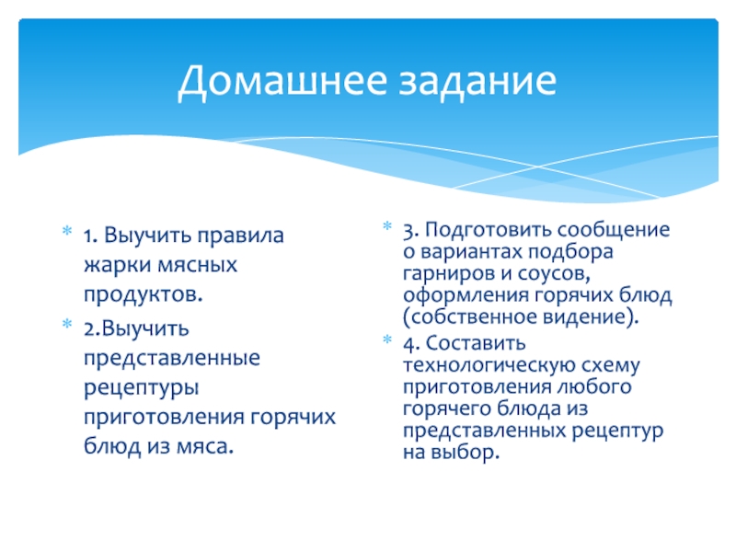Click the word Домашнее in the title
coord(282,81)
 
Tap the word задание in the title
coord(477,82)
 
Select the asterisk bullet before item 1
coord(67,231)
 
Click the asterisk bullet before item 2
coord(67,324)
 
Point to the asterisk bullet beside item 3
coord(387,225)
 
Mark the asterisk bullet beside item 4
coord(387,339)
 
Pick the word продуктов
coord(144,294)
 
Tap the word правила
coord(240,236)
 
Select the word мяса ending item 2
coord(204,446)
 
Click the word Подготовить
coord(489,231)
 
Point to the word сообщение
coord(613,231)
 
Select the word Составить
coord(476,343)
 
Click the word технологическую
coord(487,365)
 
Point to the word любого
coord(594,387)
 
